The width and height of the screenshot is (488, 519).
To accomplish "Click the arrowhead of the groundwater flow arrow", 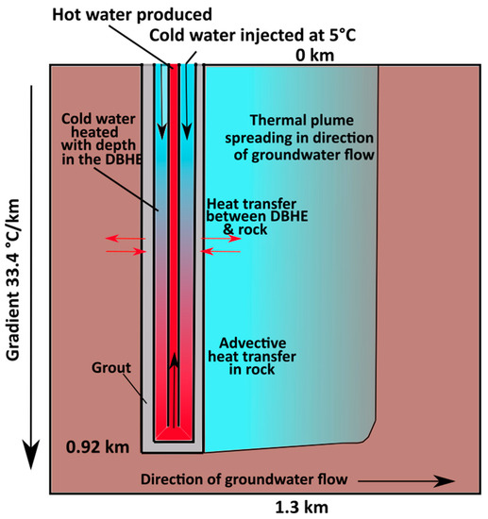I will (x=442, y=480).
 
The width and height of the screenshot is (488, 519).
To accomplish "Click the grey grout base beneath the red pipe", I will (x=172, y=444).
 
